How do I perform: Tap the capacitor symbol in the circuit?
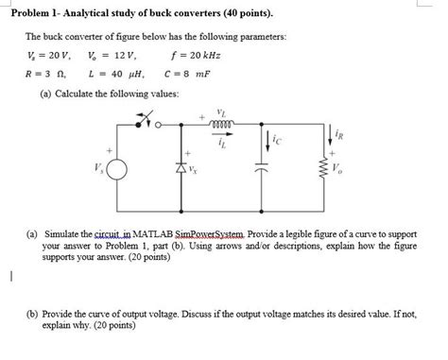(262, 171)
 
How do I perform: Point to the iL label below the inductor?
(222, 142)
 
